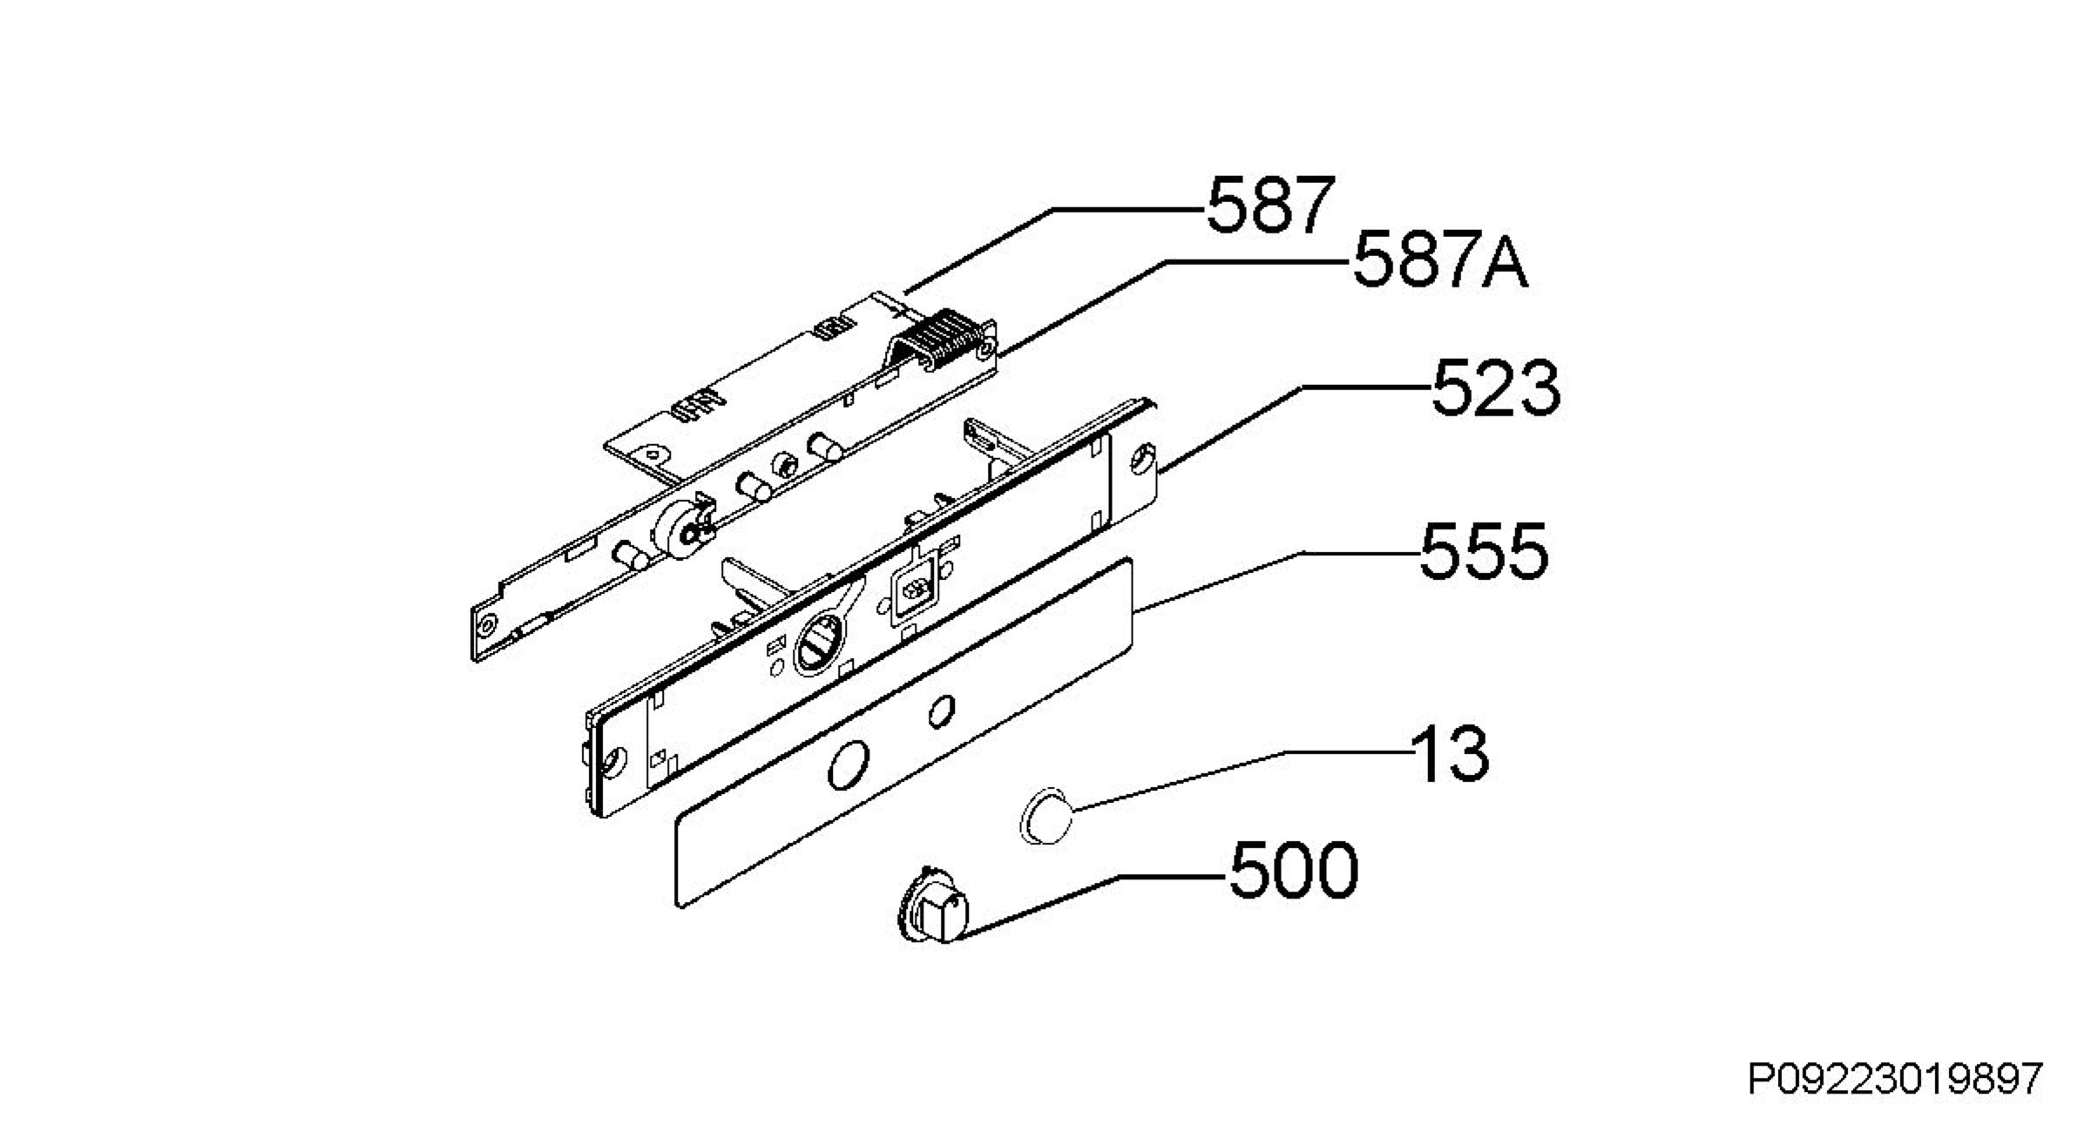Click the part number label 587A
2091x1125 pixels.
click(x=1439, y=259)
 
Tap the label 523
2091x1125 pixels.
click(x=1495, y=388)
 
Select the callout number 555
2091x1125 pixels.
click(x=1484, y=551)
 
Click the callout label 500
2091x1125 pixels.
click(x=1293, y=870)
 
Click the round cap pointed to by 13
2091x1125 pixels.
click(x=1046, y=816)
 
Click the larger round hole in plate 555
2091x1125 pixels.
click(x=848, y=767)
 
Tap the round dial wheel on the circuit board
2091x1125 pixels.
click(x=681, y=529)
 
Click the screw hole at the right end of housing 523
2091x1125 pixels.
click(x=1140, y=460)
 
